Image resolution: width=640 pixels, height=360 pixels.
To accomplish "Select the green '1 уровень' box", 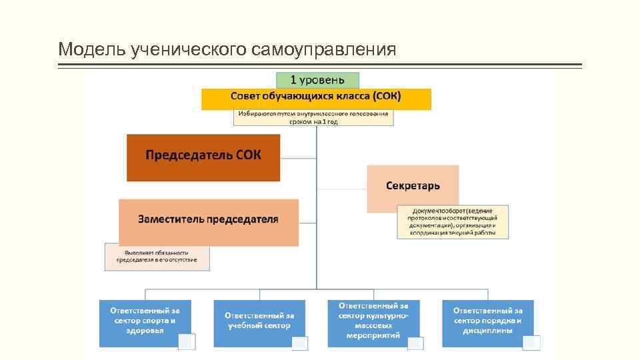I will (x=317, y=81).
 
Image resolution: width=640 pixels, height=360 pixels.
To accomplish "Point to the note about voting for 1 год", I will (x=313, y=118).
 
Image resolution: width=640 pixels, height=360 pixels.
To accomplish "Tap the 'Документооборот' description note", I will (x=453, y=222).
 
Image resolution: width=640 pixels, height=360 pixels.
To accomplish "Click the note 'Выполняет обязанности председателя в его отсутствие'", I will (x=157, y=257).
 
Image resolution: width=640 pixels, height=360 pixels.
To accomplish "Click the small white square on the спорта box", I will (x=186, y=341).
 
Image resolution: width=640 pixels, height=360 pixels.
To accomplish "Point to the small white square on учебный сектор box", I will (x=300, y=343).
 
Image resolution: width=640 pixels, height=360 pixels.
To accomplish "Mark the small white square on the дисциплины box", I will (x=531, y=343).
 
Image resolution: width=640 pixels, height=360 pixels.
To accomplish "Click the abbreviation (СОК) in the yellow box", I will (x=387, y=97).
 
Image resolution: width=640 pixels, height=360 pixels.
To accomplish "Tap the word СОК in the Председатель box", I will (x=248, y=155).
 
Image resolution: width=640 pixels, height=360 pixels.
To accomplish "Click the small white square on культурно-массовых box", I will (x=415, y=343).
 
